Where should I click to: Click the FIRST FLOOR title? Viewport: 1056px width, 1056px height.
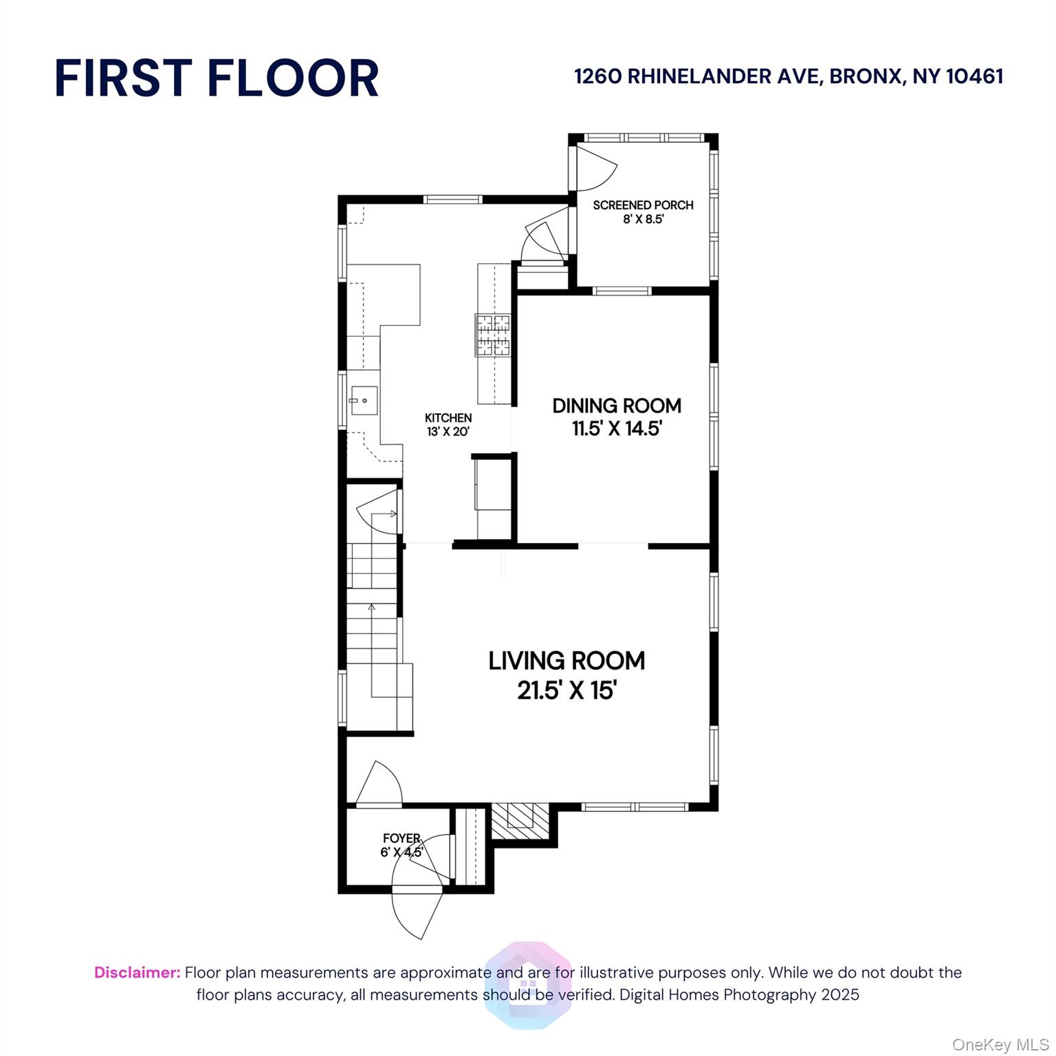pyautogui.click(x=217, y=78)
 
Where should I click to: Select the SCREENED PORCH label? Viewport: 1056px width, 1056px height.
pyautogui.click(x=643, y=205)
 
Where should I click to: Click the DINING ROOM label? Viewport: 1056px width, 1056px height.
pyautogui.click(x=617, y=406)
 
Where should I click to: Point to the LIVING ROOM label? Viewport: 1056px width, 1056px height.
pyautogui.click(x=566, y=661)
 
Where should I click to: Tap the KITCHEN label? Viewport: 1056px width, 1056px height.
pyautogui.click(x=448, y=417)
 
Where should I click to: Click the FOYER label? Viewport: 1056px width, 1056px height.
pyautogui.click(x=401, y=838)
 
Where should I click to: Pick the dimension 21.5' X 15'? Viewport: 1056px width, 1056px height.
pyautogui.click(x=566, y=690)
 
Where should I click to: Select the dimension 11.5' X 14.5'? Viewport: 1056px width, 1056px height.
pyautogui.click(x=617, y=428)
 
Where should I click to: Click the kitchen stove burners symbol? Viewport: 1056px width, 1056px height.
pyautogui.click(x=492, y=335)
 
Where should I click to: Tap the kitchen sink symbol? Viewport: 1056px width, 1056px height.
pyautogui.click(x=364, y=399)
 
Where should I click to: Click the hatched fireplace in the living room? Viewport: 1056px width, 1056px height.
pyautogui.click(x=520, y=820)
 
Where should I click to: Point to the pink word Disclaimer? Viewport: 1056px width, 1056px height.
pyautogui.click(x=137, y=972)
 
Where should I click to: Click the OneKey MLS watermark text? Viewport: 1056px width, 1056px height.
pyautogui.click(x=1000, y=1045)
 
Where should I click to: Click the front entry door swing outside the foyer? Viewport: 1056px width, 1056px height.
pyautogui.click(x=417, y=914)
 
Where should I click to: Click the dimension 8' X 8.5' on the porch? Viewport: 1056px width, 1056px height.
pyautogui.click(x=643, y=219)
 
